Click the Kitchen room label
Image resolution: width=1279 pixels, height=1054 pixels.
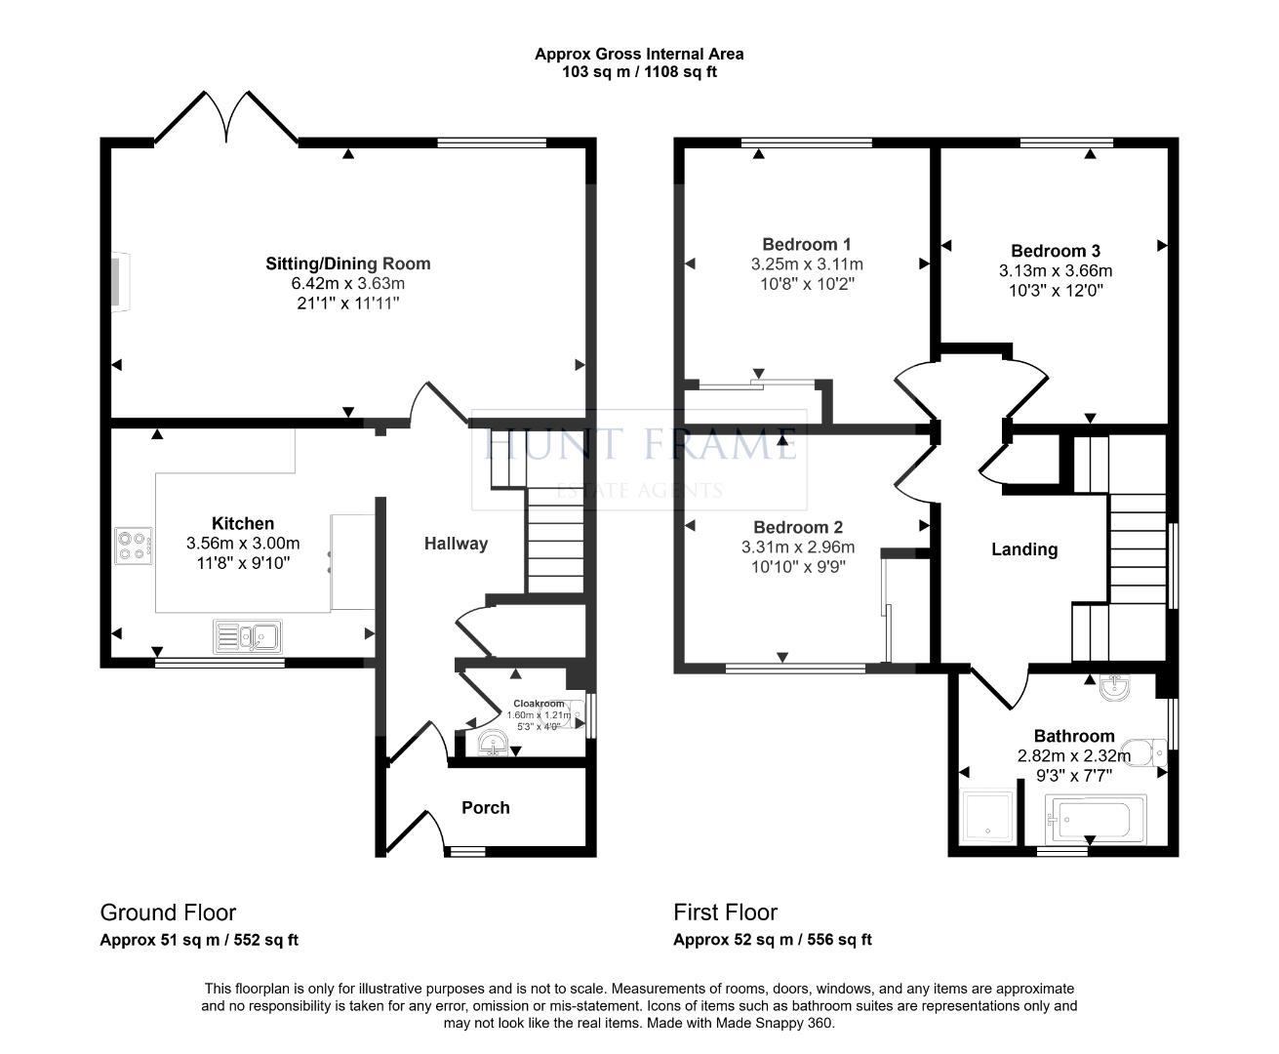[x=243, y=523]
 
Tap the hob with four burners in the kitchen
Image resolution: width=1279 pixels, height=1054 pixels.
[x=134, y=546]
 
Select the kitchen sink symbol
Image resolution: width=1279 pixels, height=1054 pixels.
[x=248, y=636]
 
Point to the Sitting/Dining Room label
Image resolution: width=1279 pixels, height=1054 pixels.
[x=348, y=263]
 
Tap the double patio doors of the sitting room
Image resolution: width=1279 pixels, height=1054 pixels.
[x=226, y=117]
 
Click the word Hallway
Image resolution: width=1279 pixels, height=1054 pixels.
[x=457, y=544]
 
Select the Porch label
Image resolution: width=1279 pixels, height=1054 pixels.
[x=486, y=808]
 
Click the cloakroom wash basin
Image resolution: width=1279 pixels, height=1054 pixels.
[x=493, y=743]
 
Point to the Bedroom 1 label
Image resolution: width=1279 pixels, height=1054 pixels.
[x=807, y=245]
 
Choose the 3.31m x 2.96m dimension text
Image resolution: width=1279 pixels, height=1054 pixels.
[x=798, y=547]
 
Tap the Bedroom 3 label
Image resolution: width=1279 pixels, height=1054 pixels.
[x=1056, y=251]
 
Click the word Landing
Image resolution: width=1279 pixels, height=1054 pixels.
[x=1024, y=549]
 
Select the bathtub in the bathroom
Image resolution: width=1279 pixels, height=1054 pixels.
[x=1096, y=819]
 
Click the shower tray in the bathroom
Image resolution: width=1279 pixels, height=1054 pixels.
[x=989, y=816]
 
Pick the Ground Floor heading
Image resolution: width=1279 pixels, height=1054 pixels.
[x=168, y=912]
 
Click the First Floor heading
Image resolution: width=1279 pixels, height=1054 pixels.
[x=725, y=912]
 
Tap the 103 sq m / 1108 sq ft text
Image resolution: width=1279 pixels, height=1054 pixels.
[x=640, y=71]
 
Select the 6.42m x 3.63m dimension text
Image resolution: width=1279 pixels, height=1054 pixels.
[x=348, y=283]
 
